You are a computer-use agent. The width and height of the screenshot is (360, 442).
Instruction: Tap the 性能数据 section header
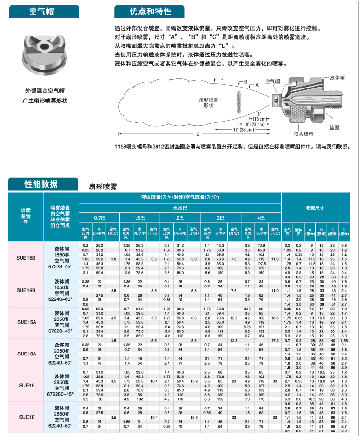point(41,184)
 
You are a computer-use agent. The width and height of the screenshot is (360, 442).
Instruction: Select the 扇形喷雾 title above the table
point(103,187)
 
